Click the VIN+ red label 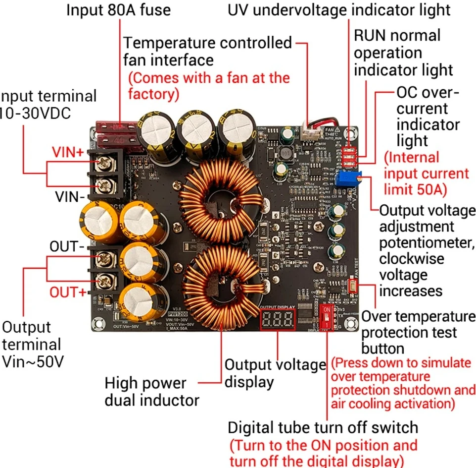click(68, 153)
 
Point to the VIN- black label click(70, 197)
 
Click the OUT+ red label click(67, 292)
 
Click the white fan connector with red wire click(312, 134)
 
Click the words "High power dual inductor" click(151, 391)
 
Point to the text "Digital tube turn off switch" click(323, 427)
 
